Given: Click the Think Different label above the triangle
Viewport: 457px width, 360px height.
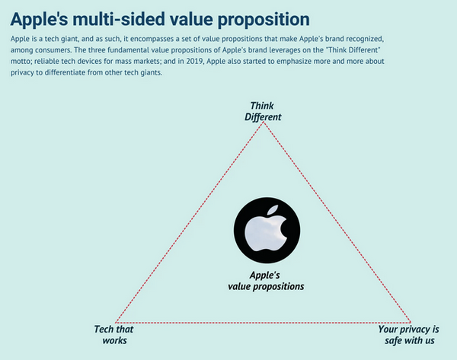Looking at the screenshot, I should [263, 111].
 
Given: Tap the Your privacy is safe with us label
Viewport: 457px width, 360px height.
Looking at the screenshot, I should [409, 335].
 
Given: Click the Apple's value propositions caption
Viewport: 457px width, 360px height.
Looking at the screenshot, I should [266, 281].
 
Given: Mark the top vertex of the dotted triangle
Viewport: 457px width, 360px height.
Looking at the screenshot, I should [264, 123].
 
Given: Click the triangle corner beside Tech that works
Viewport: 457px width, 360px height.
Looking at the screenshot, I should [116, 322].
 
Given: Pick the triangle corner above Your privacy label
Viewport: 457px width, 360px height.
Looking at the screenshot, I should [411, 322].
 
